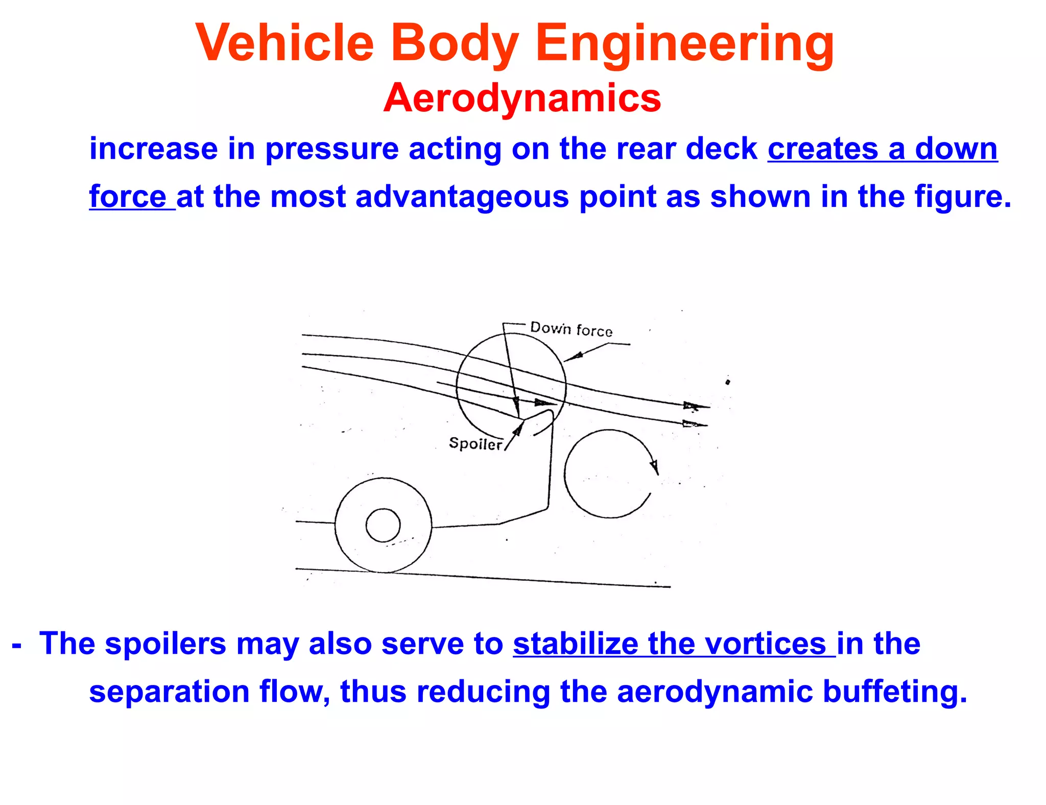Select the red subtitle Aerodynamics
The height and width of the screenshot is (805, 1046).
(522, 98)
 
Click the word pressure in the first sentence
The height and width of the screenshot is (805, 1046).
(332, 149)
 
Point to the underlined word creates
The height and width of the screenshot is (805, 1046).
(822, 149)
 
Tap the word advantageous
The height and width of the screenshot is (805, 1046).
(462, 197)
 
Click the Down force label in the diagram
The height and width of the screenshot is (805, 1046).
(571, 329)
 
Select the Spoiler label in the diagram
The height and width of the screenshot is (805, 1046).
(475, 443)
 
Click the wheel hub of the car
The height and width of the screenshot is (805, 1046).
(383, 525)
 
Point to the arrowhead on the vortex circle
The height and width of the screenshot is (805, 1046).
(654, 466)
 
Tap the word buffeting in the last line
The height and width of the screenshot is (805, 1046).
(894, 692)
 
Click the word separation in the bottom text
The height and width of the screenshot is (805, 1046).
(169, 692)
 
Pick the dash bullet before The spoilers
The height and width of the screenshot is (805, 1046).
(17, 645)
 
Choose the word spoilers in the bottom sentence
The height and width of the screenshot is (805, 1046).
(165, 644)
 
